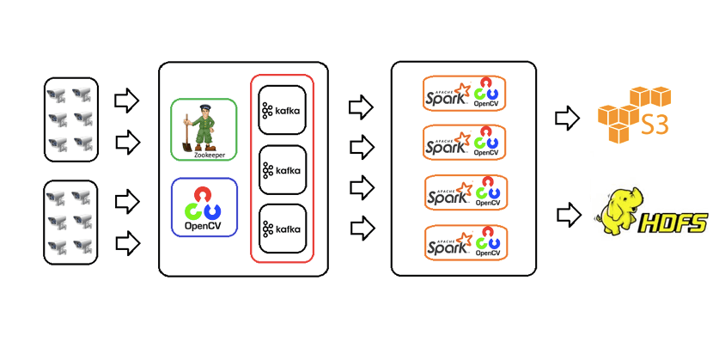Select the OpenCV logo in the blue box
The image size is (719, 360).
click(204, 209)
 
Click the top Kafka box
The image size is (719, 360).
click(283, 110)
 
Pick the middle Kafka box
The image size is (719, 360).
click(283, 169)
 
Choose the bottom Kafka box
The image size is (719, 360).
click(283, 228)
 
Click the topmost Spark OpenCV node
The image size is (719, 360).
click(464, 93)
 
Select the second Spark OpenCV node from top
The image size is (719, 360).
click(464, 142)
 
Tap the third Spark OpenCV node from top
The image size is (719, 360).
click(464, 192)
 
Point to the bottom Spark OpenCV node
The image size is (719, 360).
click(464, 243)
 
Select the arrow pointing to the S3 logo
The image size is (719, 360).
click(567, 117)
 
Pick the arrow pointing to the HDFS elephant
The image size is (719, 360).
click(567, 212)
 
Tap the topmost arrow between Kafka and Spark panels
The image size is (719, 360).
click(361, 107)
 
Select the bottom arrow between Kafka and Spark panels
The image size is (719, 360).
click(361, 228)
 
